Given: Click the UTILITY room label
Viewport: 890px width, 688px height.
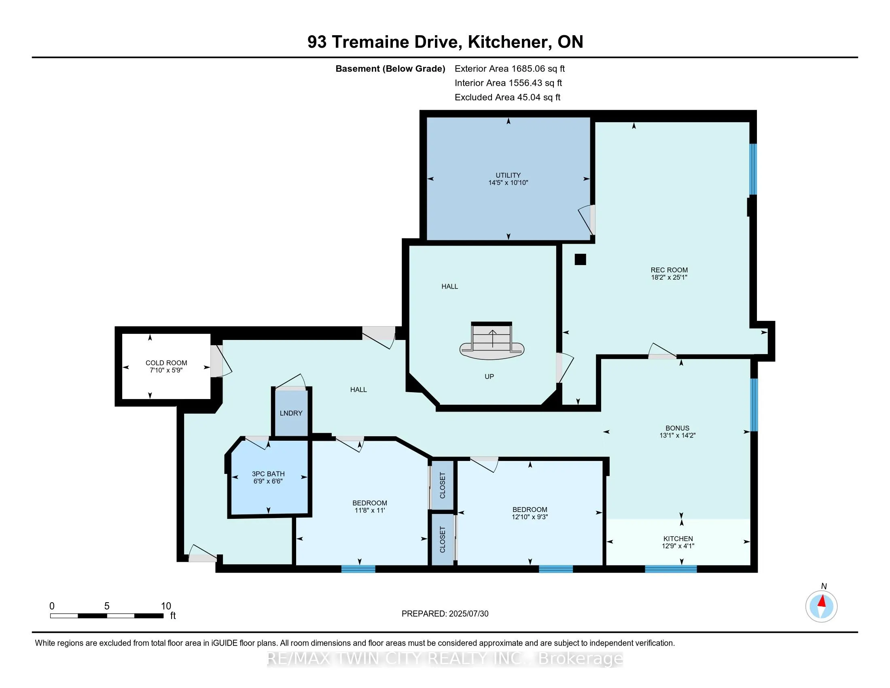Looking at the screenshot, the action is tap(508, 175).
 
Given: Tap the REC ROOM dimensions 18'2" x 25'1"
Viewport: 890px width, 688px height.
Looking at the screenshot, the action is tap(669, 277).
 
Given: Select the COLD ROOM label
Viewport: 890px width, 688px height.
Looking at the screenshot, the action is tap(166, 363).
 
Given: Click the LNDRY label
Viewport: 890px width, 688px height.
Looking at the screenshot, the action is tap(291, 413).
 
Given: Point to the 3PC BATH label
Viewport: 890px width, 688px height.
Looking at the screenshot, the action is tap(268, 474).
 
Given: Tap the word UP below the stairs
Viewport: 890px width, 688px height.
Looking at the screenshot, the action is tap(489, 377).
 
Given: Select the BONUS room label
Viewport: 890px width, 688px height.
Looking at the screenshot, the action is tap(677, 428).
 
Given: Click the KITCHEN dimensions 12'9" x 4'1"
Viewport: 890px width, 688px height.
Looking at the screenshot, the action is tap(678, 546).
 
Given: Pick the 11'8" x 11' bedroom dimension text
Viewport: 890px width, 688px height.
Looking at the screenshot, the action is tap(370, 510).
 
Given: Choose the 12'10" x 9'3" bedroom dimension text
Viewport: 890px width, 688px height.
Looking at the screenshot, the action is tap(530, 517).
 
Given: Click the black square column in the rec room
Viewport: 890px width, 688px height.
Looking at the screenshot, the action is tap(580, 260).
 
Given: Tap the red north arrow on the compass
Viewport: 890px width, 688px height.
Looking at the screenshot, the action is tap(822, 601).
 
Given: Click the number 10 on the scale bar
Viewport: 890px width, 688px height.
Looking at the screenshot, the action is tap(166, 606).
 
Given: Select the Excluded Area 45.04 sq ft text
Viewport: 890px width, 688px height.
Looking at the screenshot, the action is tap(508, 97).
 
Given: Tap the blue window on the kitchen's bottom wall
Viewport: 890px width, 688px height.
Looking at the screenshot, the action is tap(671, 569).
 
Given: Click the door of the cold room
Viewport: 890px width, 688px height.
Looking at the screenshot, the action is tap(220, 361).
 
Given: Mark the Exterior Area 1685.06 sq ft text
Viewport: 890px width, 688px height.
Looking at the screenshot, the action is tap(510, 68).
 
